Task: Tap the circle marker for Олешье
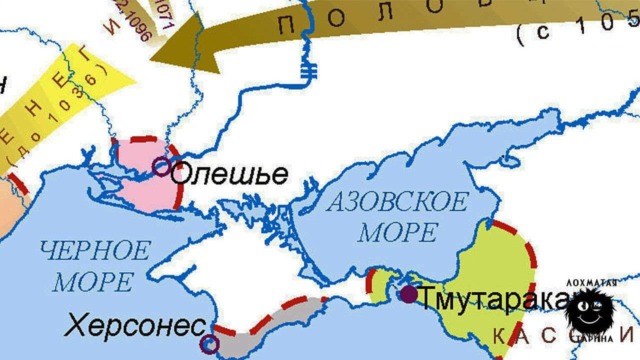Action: (161, 166)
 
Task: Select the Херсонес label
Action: (135, 326)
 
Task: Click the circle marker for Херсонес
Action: (209, 343)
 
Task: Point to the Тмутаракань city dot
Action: (408, 294)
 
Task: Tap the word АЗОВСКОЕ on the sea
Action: (397, 202)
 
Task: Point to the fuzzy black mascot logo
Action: (590, 311)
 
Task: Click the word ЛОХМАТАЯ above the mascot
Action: (591, 283)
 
